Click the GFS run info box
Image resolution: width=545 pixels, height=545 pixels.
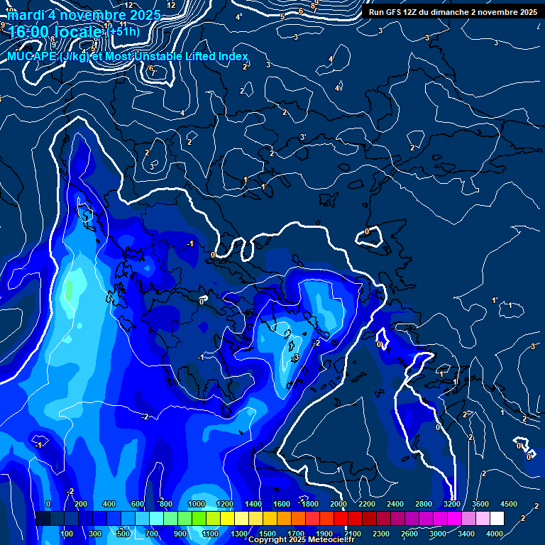(x=451, y=12)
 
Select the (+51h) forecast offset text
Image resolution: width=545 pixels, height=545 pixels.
(x=123, y=32)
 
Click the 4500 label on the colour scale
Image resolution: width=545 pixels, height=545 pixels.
(x=509, y=504)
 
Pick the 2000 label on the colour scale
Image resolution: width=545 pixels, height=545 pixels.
(x=338, y=504)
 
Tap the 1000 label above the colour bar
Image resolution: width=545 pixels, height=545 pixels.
(x=197, y=504)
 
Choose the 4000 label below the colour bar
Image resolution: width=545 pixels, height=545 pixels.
(x=495, y=533)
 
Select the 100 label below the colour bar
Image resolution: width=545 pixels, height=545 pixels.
(x=67, y=533)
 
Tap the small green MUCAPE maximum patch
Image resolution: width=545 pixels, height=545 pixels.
(x=70, y=290)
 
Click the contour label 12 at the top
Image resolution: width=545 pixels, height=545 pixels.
(x=171, y=5)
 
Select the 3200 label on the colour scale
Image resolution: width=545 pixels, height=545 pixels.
(x=452, y=504)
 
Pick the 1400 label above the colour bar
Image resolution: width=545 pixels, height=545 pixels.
(x=253, y=504)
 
